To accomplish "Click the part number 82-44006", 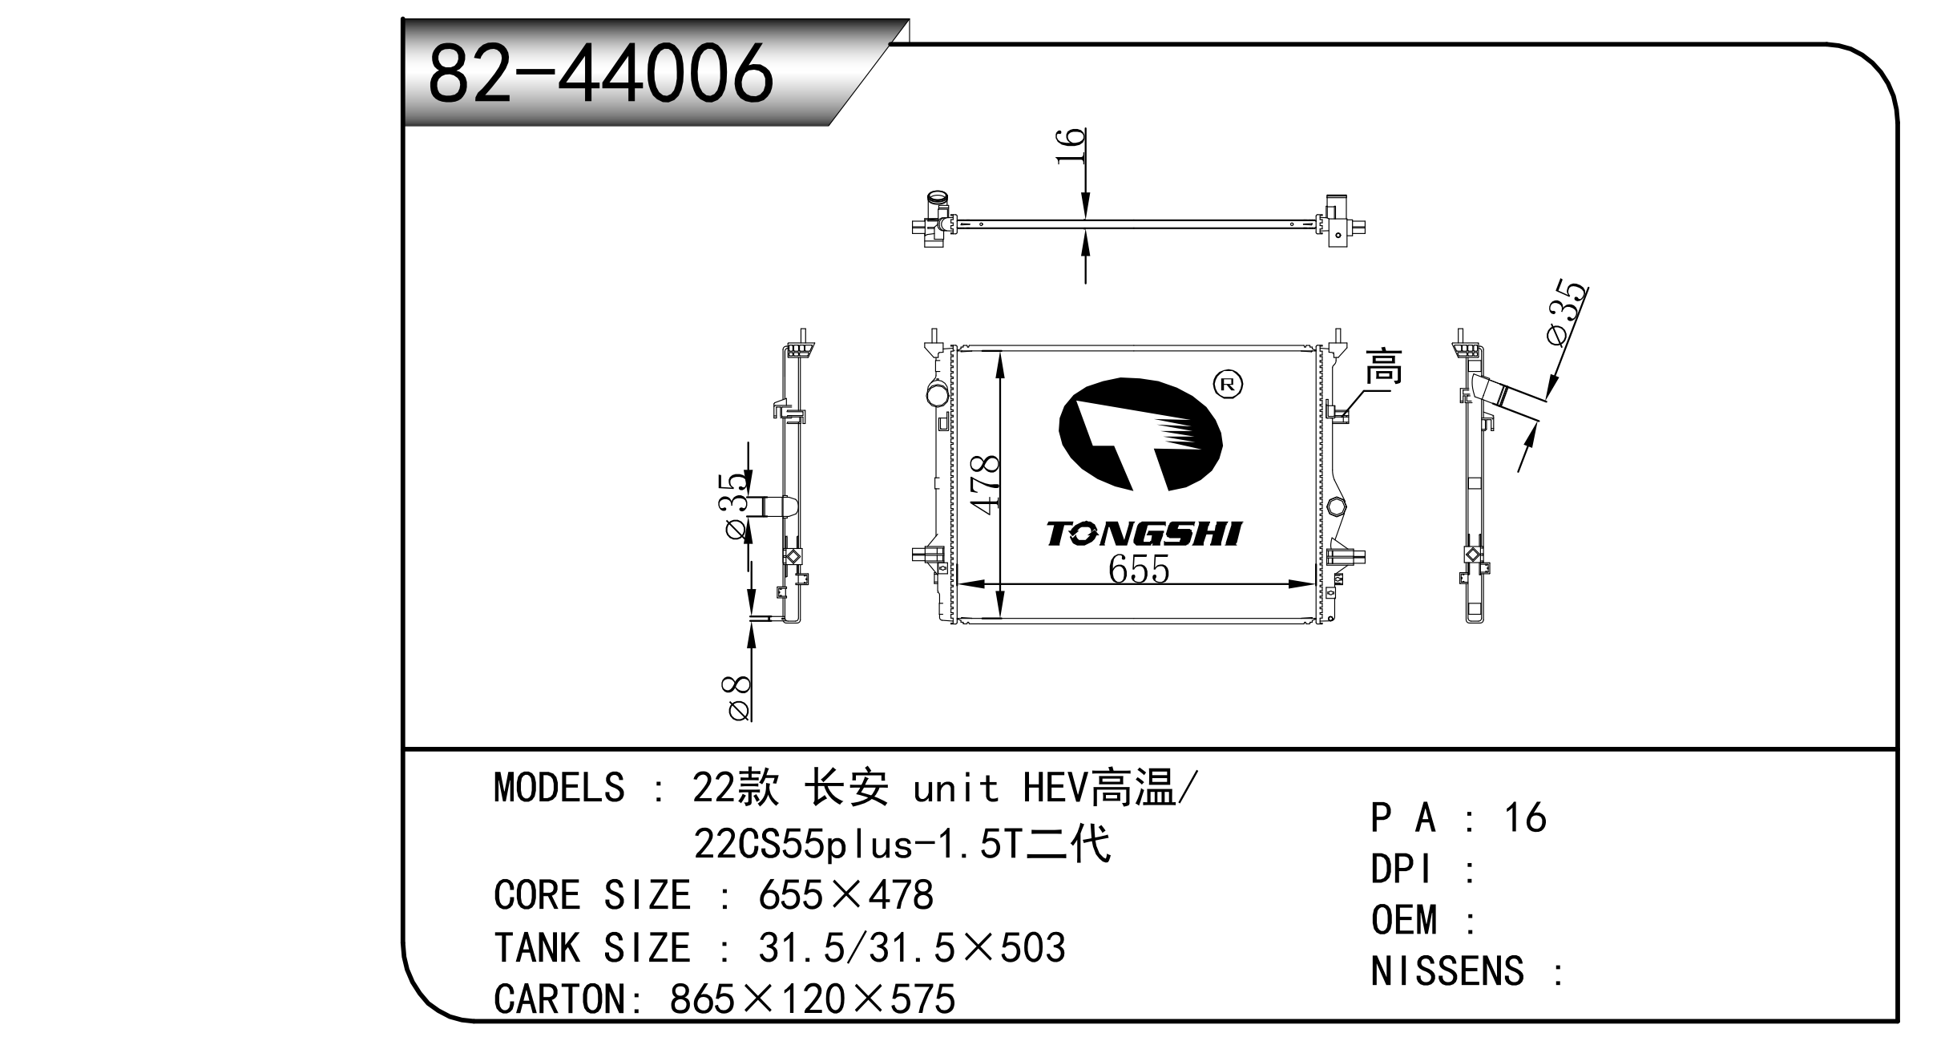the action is (x=601, y=74).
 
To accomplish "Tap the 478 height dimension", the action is (x=985, y=484).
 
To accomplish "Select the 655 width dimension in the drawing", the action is (x=1139, y=569).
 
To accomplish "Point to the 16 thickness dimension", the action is (x=1071, y=146).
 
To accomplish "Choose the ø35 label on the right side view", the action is (x=1567, y=313).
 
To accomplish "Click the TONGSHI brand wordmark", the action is (x=1144, y=534).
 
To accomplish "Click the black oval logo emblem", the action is (x=1140, y=434).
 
